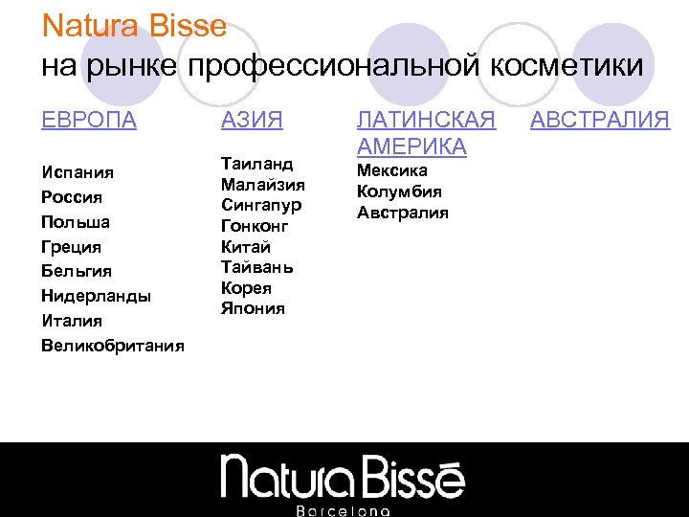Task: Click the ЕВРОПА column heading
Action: pos(89,120)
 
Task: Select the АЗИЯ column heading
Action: pos(252,120)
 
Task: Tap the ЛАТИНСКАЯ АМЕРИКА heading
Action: pos(426,133)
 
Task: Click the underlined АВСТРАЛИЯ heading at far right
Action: pos(600,120)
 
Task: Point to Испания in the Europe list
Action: pos(78,172)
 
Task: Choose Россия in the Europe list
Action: pos(72,197)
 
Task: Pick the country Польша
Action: pos(76,222)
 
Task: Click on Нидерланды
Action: pos(96,296)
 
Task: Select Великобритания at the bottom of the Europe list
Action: pos(113,345)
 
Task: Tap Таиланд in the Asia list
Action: pos(256,163)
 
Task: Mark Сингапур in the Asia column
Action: pos(261,205)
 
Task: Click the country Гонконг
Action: pos(255,226)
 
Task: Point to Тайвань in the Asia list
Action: pos(256,267)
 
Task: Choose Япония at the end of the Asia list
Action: pos(253,308)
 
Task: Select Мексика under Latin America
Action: pos(392,170)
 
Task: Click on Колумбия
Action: pos(399,191)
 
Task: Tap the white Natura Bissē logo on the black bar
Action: pos(344,476)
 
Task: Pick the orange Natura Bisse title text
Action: pos(135,25)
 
